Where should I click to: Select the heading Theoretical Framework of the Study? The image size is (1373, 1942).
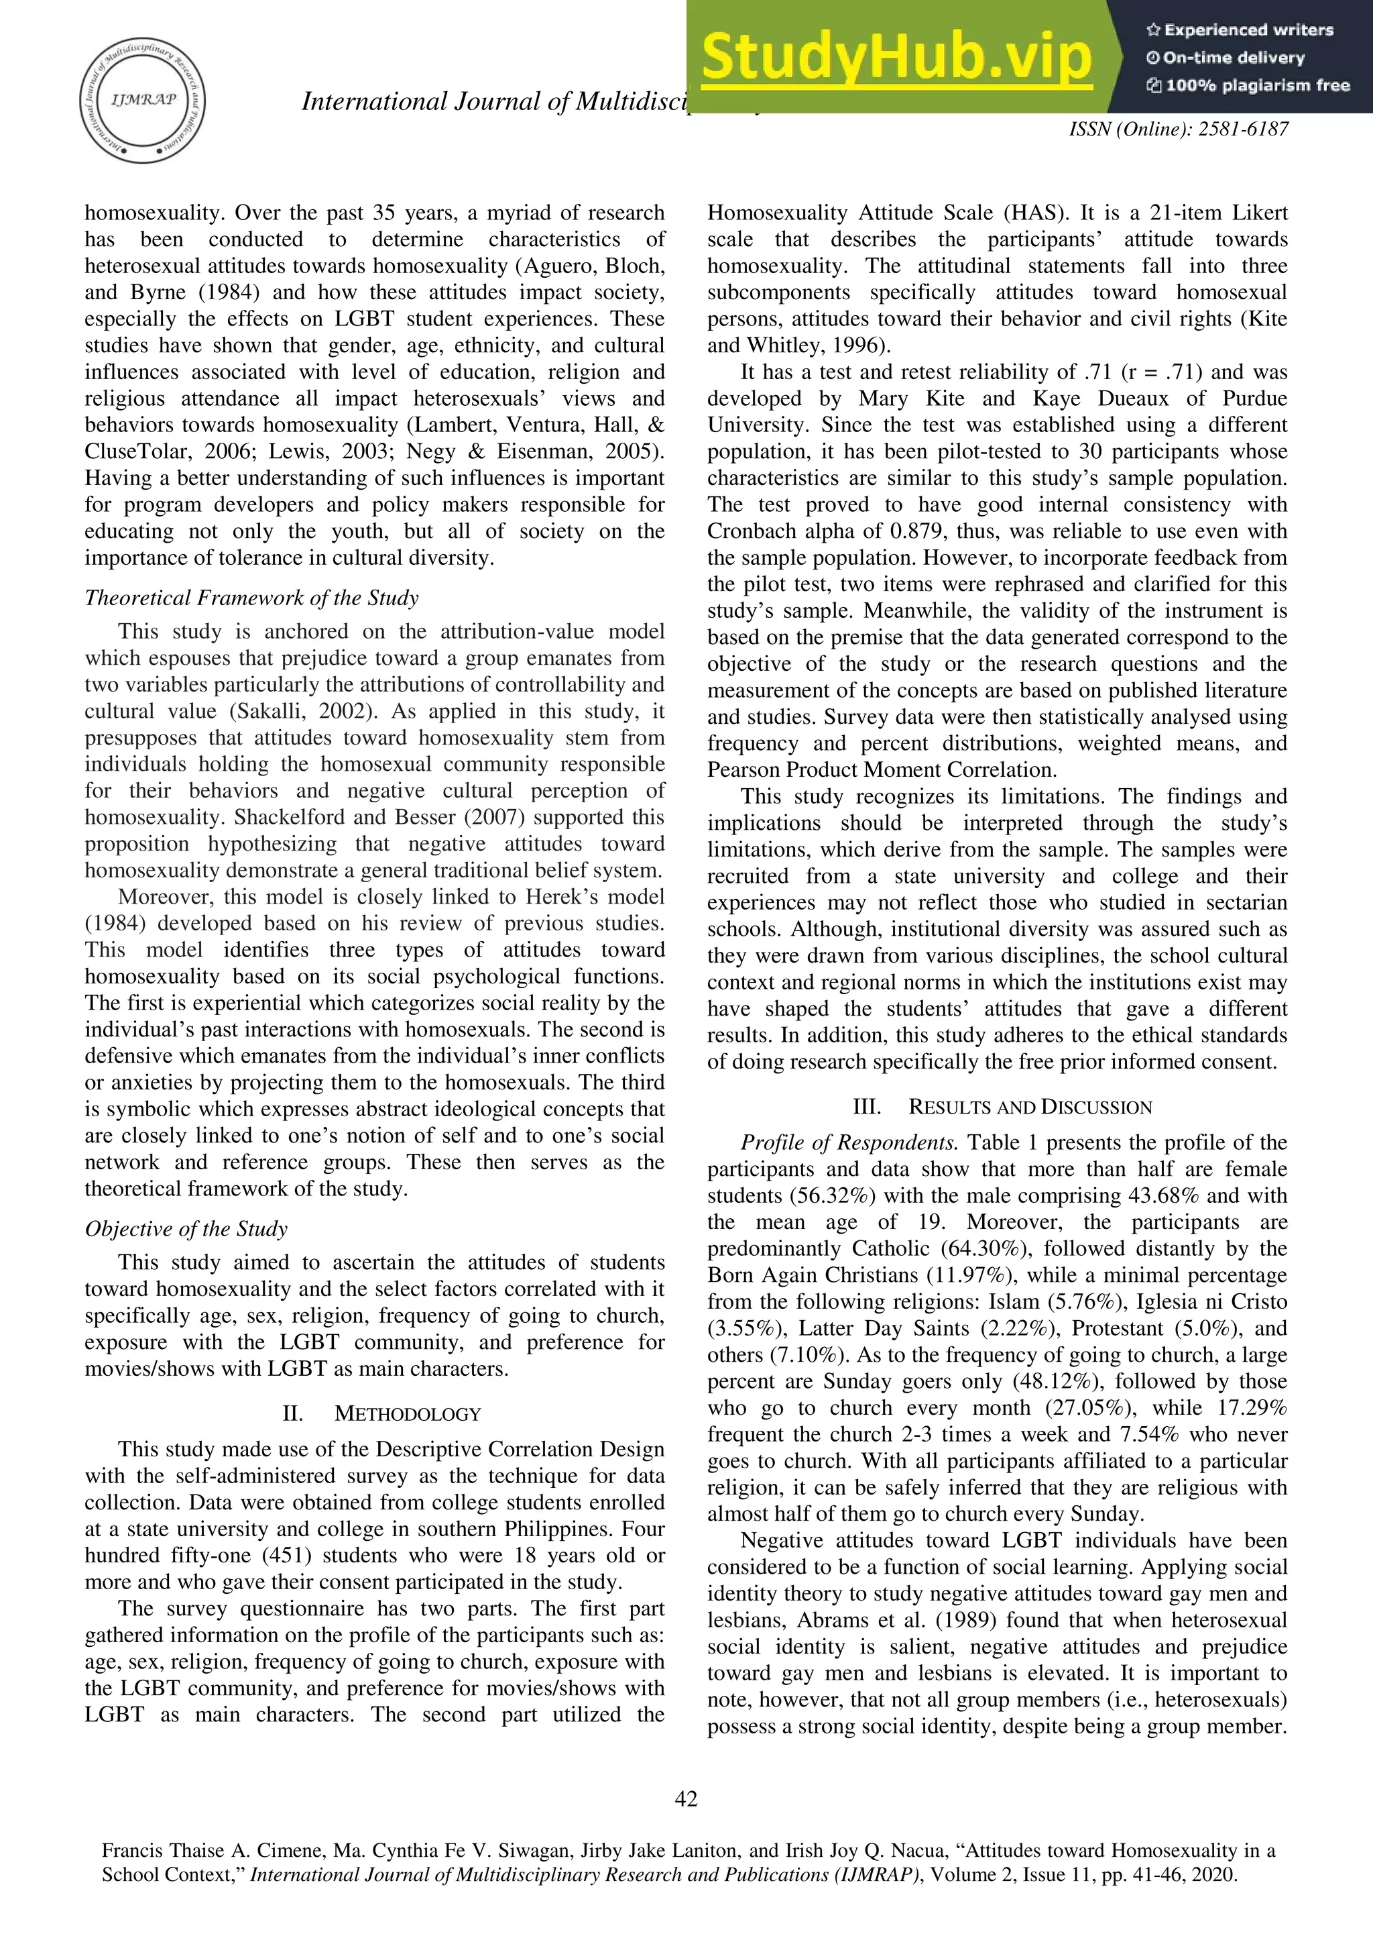tap(251, 598)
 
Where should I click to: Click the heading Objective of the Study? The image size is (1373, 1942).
tap(186, 1229)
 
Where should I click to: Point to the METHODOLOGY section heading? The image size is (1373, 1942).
tap(408, 1413)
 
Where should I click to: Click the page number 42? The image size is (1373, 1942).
tap(686, 1798)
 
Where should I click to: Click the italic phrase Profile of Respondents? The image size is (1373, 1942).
tap(849, 1142)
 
